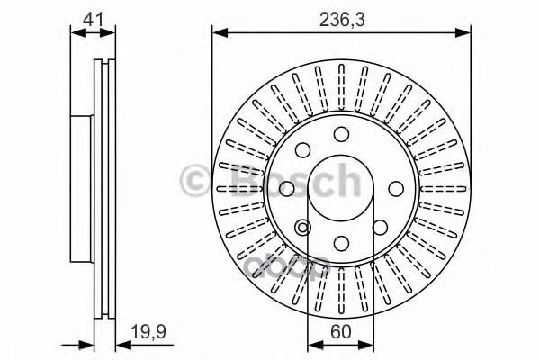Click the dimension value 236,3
pos(341,16)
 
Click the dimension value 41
pos(92,16)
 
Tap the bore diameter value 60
pos(341,331)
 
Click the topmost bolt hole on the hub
pos(341,134)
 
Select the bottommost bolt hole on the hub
pos(341,243)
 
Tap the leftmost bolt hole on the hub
pos(287,189)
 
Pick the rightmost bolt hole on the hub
pos(396,189)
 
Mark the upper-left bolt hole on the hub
pos(303,150)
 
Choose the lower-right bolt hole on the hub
pos(380,228)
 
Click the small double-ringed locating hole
pos(303,228)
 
